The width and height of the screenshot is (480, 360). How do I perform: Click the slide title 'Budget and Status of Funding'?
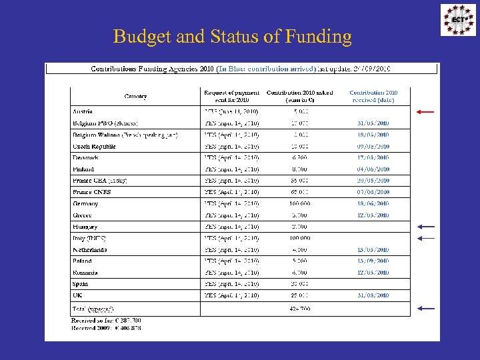tap(232, 36)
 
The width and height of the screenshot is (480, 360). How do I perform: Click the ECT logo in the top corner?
tap(459, 20)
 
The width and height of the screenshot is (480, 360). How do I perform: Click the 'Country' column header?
tap(135, 96)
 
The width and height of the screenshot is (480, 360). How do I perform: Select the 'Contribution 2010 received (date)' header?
tap(373, 96)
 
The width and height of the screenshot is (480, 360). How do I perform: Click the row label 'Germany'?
tap(86, 204)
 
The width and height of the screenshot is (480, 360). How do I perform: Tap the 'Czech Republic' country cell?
tap(94, 146)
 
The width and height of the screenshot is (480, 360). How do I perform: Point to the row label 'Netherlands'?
tap(90, 250)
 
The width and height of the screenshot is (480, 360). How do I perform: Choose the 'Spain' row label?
tap(81, 284)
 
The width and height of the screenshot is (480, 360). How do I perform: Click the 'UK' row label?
tap(78, 295)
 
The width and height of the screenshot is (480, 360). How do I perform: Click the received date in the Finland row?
tap(373, 169)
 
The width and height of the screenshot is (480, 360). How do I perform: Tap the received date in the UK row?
tap(373, 295)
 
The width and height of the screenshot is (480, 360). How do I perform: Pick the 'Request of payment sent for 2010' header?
tap(231, 96)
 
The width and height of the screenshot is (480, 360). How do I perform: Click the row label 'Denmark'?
tap(86, 158)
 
